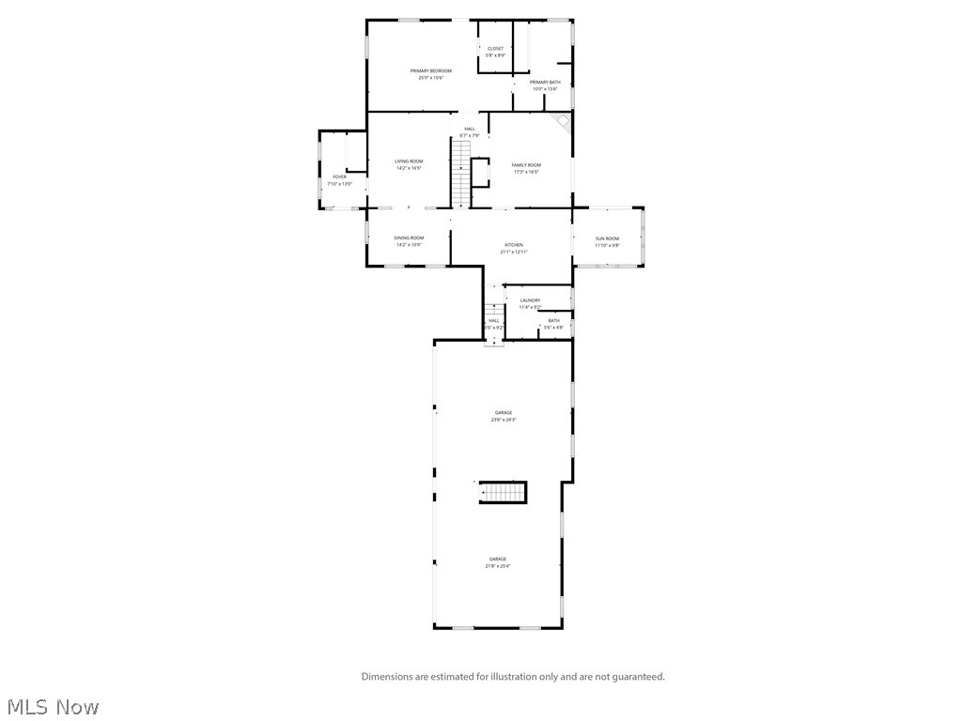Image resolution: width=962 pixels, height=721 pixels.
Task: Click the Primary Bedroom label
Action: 431,71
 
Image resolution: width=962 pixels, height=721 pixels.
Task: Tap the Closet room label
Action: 495,49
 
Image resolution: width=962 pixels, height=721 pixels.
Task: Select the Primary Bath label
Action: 545,83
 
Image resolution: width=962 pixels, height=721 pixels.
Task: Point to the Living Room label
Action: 409,161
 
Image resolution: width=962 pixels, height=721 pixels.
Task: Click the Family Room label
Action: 526,165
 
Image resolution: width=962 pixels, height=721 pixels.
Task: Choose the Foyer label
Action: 339,176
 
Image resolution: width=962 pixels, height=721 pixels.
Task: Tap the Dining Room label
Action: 409,238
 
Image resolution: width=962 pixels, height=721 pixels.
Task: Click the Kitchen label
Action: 514,245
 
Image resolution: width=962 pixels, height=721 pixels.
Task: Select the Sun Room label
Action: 608,238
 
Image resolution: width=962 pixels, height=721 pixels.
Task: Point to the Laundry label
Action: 530,300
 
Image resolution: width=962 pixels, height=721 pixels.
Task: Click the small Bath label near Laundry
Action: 553,321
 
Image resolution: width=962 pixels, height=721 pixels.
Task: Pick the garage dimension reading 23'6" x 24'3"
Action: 504,420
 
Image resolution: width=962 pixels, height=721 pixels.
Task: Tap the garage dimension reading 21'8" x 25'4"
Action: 498,566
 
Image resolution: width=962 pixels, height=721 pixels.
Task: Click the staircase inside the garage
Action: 503,493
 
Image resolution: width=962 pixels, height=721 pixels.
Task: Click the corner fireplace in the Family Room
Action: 562,122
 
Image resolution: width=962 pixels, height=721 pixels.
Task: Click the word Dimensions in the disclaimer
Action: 390,676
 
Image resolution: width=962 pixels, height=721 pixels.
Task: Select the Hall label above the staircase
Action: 469,129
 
